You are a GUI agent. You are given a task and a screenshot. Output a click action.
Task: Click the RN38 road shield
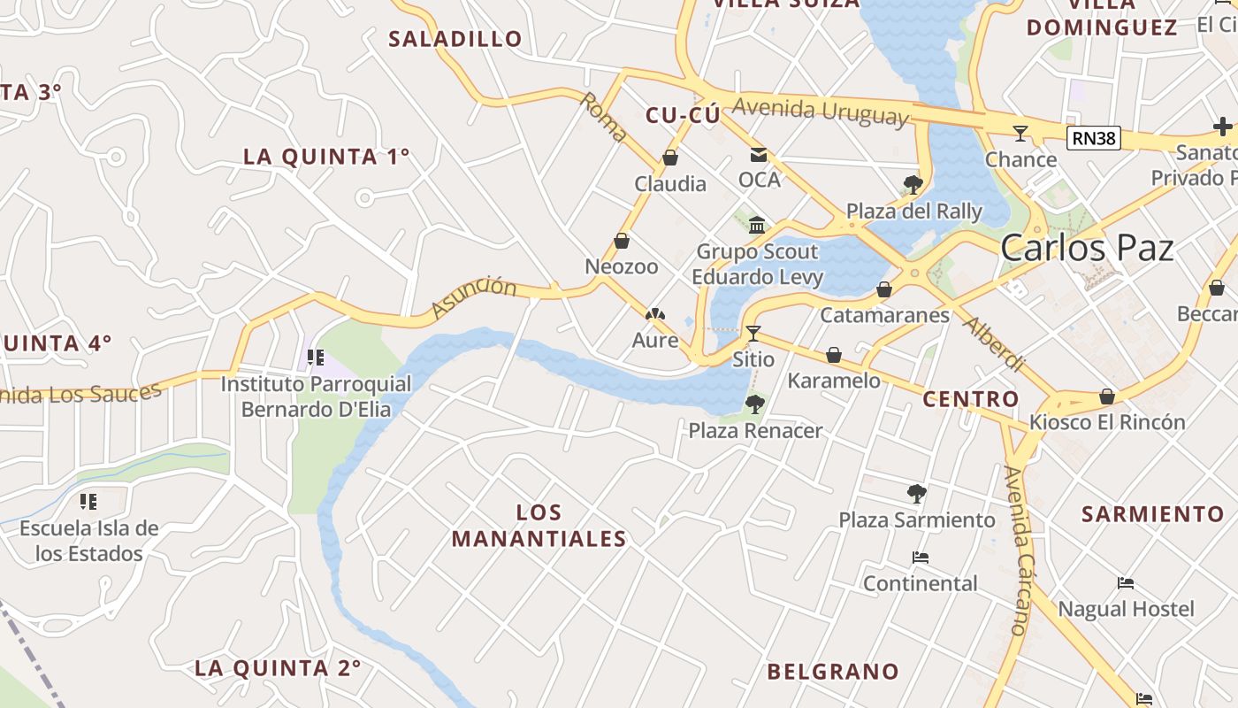click(1093, 138)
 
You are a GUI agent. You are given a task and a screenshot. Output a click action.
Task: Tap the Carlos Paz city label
click(1087, 249)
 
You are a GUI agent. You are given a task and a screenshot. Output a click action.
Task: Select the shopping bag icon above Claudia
click(670, 158)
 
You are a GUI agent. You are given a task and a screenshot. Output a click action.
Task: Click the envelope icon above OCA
click(759, 155)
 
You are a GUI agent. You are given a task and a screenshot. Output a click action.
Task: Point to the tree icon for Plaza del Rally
click(913, 185)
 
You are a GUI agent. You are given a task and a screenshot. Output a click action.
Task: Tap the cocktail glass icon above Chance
click(1020, 134)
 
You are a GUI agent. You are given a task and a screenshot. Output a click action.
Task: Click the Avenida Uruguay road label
click(820, 111)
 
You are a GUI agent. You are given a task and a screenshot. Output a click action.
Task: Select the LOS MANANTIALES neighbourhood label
click(539, 526)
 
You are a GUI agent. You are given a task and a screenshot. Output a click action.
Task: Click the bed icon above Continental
click(920, 558)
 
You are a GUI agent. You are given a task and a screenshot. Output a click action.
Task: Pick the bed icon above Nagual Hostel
click(1126, 583)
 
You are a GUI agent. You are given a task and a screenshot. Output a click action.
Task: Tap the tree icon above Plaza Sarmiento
click(917, 494)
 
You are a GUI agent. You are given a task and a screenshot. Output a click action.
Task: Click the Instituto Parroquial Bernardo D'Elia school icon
click(316, 358)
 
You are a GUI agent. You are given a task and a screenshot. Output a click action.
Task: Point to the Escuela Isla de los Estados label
click(89, 541)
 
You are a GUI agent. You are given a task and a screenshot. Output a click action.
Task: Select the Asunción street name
click(474, 297)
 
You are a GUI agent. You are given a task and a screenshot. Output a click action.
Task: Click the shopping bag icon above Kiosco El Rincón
click(1106, 396)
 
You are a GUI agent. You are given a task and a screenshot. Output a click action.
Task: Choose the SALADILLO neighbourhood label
click(455, 39)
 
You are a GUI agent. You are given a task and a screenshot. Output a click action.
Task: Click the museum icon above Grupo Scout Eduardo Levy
click(756, 225)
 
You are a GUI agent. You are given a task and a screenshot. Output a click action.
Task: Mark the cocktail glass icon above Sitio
click(753, 334)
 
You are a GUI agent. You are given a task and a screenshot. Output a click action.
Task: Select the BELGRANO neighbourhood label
click(832, 672)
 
